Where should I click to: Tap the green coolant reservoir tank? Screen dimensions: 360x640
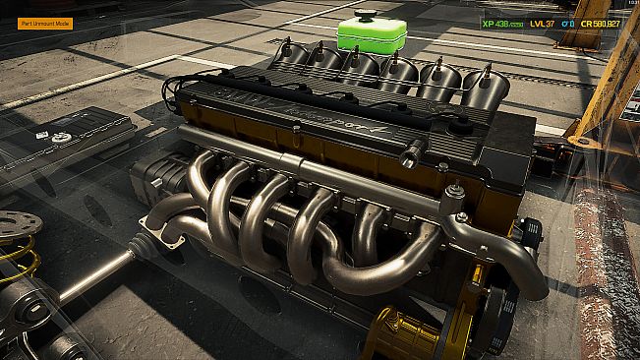371,37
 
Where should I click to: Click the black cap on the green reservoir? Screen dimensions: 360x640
370,17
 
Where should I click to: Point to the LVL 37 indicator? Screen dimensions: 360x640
542,23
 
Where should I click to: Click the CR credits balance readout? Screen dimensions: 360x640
600,23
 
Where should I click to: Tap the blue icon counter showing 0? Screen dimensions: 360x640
569,23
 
